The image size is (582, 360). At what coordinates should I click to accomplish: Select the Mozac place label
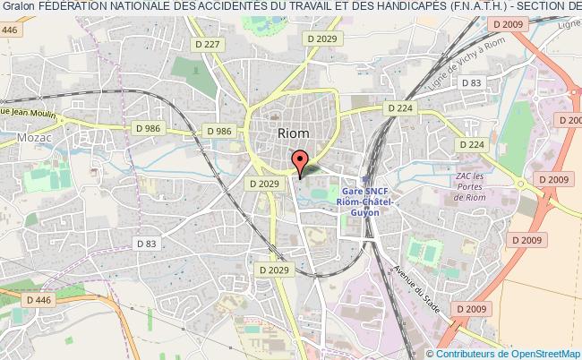(x=32, y=138)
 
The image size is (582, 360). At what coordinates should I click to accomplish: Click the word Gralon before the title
(x=17, y=8)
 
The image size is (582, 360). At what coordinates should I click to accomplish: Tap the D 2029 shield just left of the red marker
(x=265, y=183)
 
